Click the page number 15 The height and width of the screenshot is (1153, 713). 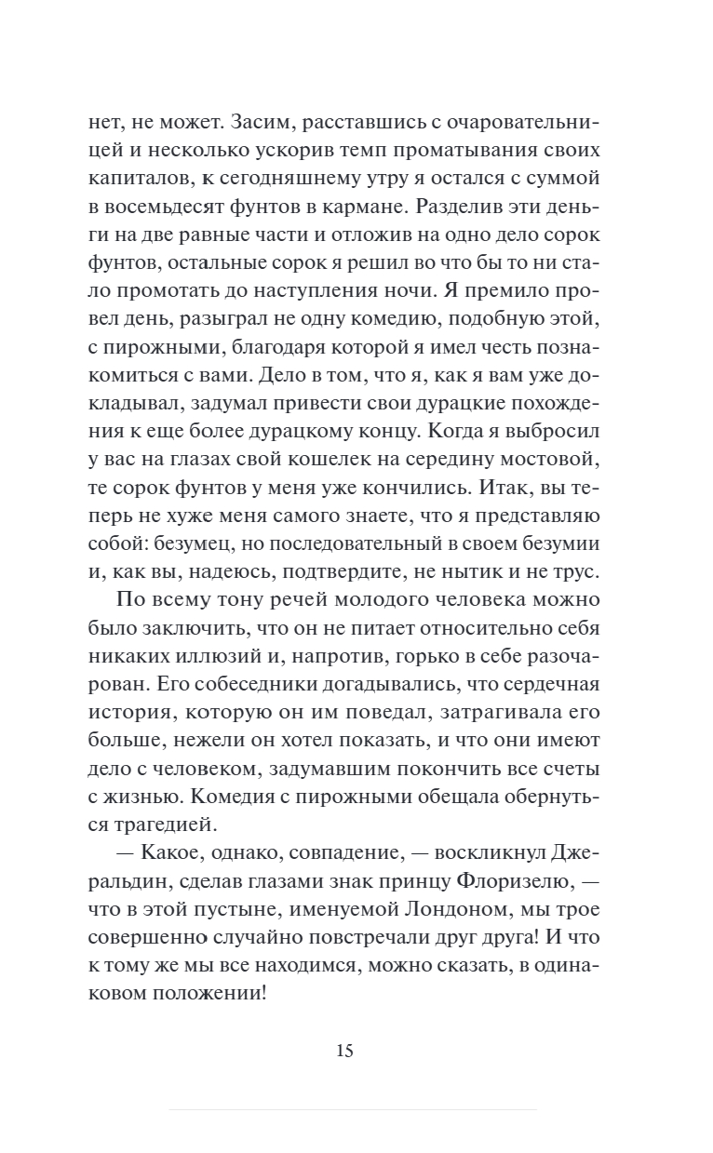(x=343, y=1052)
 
